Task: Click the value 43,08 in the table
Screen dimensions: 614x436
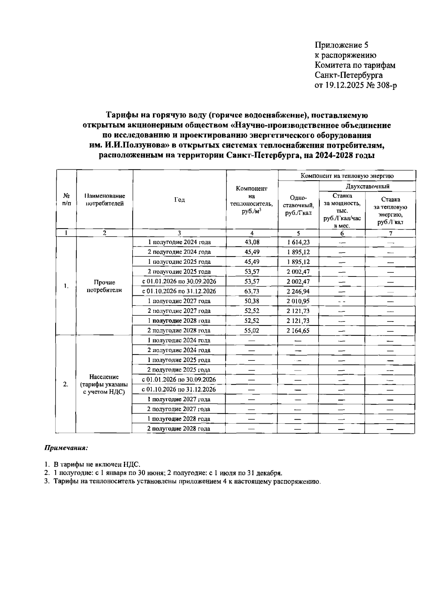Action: point(252,242)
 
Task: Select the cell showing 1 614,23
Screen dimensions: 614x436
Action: point(298,242)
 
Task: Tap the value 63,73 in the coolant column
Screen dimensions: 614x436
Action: point(252,291)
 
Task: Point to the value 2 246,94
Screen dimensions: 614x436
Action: point(298,291)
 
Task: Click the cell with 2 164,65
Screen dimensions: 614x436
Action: point(298,331)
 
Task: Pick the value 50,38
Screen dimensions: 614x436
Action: point(252,301)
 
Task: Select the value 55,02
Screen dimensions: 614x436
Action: point(252,331)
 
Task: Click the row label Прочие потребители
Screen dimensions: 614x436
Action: point(104,286)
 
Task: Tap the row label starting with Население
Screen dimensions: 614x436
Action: point(104,384)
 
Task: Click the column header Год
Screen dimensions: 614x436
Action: point(179,199)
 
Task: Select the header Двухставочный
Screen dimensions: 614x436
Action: point(367,186)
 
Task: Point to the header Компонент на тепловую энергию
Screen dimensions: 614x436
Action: point(347,176)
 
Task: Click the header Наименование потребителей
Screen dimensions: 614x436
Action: point(104,199)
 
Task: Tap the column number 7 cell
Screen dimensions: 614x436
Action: point(390,233)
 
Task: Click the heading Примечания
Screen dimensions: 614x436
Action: point(66,448)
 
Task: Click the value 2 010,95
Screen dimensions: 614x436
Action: point(298,301)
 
